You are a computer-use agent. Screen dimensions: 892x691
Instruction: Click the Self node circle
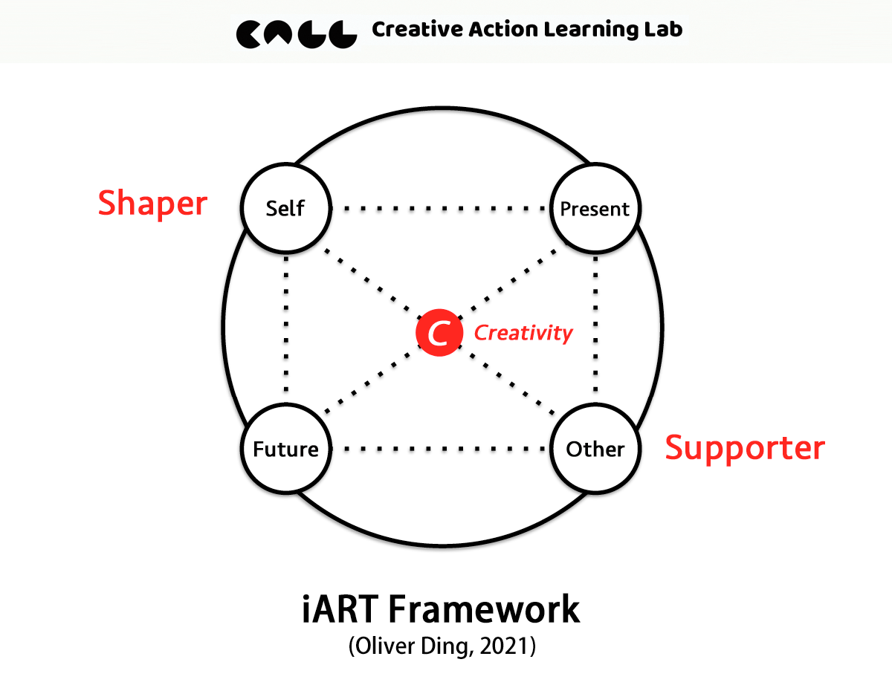(x=285, y=209)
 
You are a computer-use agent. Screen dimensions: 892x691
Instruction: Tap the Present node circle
(x=595, y=209)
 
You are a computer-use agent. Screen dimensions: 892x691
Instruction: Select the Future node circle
(x=285, y=449)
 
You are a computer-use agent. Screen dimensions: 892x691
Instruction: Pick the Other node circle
(x=595, y=449)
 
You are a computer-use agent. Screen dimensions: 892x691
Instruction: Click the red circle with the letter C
(x=439, y=333)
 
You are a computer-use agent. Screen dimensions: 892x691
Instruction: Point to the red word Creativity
(x=523, y=333)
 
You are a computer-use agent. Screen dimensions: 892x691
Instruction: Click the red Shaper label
(x=152, y=203)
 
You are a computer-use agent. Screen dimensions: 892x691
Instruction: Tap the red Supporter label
(x=744, y=448)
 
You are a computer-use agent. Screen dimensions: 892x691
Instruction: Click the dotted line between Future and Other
(x=440, y=449)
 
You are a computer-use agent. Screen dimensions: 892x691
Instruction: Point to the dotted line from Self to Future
(x=285, y=327)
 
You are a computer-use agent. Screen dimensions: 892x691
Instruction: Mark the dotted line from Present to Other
(x=595, y=327)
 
